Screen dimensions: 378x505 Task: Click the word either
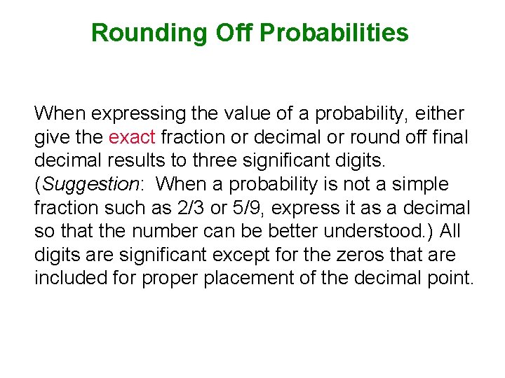tap(444, 113)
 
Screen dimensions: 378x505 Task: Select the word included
tap(72, 279)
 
